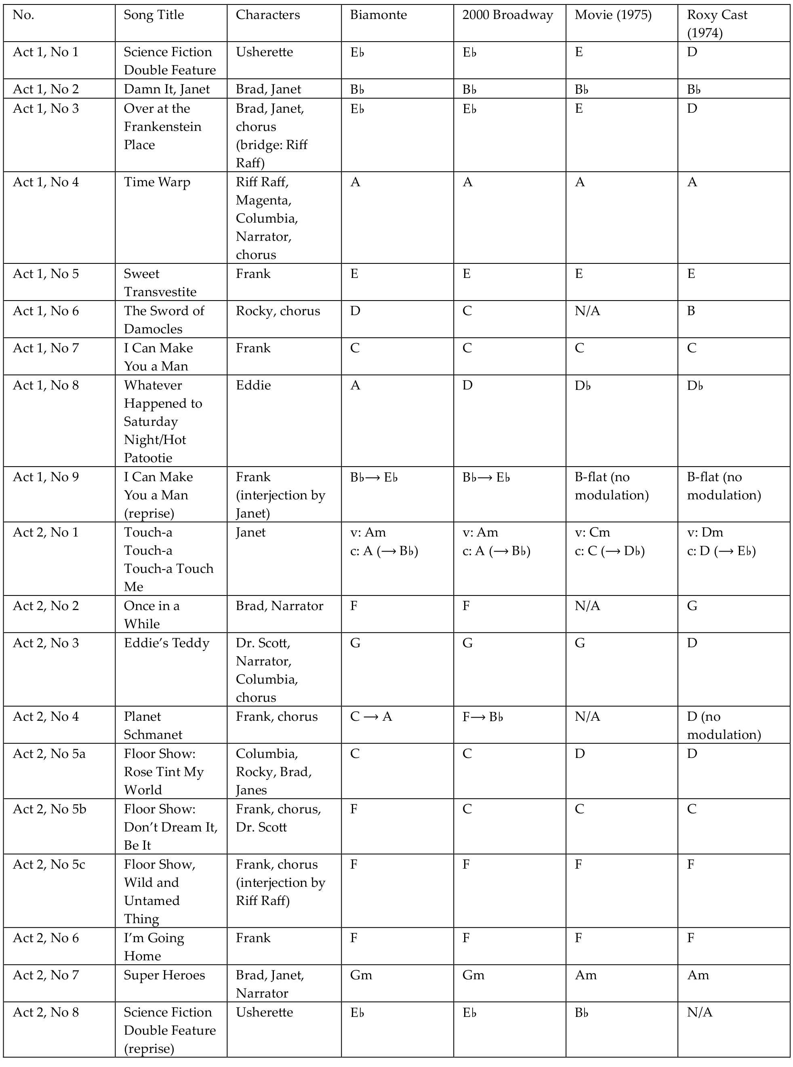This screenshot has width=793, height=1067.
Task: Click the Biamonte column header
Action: (x=378, y=15)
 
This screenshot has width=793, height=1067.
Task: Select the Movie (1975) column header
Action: (x=613, y=15)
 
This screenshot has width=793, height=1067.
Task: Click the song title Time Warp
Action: (x=157, y=182)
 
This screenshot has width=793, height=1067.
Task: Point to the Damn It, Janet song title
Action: (x=166, y=89)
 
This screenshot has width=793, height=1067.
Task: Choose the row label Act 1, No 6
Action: (x=46, y=311)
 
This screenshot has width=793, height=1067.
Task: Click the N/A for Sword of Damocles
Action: (x=587, y=311)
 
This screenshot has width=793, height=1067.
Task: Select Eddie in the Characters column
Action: (x=253, y=385)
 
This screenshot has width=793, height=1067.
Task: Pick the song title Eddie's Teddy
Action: (x=166, y=643)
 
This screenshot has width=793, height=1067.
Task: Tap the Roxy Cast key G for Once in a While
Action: (x=692, y=606)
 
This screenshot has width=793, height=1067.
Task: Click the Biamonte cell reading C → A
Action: (x=371, y=717)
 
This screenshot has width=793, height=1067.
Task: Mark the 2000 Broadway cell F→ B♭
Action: (x=482, y=717)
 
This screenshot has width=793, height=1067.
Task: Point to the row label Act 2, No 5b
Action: (x=49, y=809)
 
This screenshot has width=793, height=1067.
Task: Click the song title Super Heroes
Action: (x=164, y=975)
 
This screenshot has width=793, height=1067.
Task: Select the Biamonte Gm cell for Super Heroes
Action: (x=361, y=975)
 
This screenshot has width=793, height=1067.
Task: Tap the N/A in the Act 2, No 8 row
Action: (x=699, y=1012)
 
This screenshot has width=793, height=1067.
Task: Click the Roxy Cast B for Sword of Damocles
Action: (x=691, y=311)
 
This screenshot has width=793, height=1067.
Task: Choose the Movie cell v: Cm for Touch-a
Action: (x=592, y=532)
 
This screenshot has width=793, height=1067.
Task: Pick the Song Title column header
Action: (x=154, y=15)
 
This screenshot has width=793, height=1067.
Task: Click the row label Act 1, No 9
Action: (x=46, y=477)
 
